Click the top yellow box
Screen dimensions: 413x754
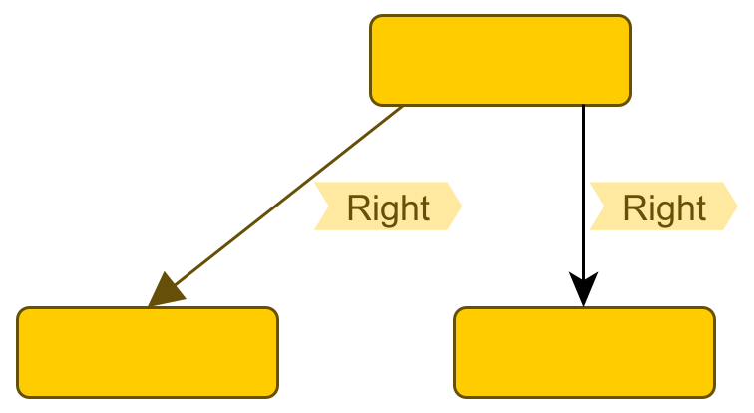pyautogui.click(x=500, y=60)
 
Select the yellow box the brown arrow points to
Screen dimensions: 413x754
pyautogui.click(x=148, y=352)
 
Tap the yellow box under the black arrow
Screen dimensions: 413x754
pyautogui.click(x=584, y=352)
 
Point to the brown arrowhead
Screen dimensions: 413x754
pyautogui.click(x=165, y=291)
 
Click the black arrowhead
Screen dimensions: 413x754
pyautogui.click(x=583, y=291)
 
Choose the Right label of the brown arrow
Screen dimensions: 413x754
pyautogui.click(x=387, y=206)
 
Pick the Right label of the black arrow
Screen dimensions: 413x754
pyautogui.click(x=663, y=206)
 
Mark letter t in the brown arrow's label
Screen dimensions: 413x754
pyautogui.click(x=423, y=207)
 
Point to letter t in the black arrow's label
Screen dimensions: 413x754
pyautogui.click(x=699, y=207)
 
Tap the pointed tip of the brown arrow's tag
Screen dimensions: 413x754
pyautogui.click(x=461, y=206)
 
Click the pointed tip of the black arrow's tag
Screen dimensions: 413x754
pyautogui.click(x=737, y=206)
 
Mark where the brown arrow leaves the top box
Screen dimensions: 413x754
pyautogui.click(x=403, y=106)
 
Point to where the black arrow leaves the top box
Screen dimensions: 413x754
pyautogui.click(x=583, y=106)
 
